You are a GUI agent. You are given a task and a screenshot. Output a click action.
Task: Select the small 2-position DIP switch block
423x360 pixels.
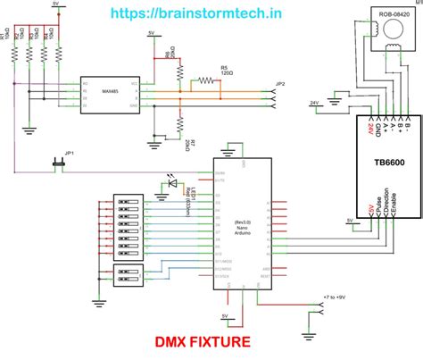pyautogui.click(x=129, y=278)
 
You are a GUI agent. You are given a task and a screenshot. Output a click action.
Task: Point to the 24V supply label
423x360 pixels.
pyautogui.click(x=313, y=103)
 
